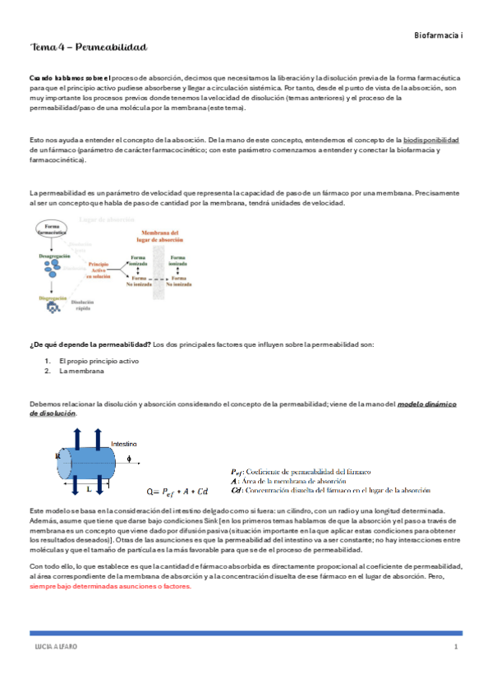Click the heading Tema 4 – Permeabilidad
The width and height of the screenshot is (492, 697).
point(88,50)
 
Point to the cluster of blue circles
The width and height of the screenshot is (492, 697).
point(52,269)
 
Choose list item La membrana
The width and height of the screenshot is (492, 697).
point(81,372)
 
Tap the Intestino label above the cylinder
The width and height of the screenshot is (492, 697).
point(123,442)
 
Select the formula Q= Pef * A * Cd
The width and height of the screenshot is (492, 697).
point(177,492)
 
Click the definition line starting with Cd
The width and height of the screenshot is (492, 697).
point(331,489)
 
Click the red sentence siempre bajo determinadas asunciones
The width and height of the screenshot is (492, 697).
point(109,586)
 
